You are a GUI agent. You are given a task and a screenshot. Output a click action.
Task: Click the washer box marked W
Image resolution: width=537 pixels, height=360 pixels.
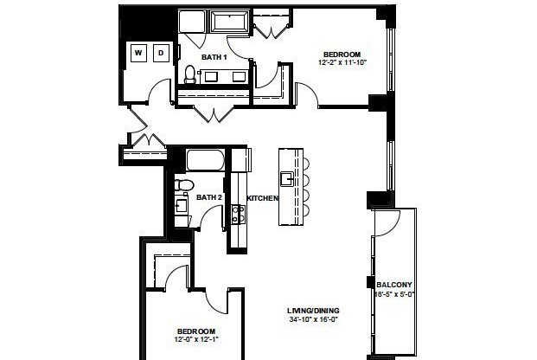coord(138,54)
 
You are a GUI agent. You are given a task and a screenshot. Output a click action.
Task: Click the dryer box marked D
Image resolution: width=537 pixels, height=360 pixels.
coord(161,54)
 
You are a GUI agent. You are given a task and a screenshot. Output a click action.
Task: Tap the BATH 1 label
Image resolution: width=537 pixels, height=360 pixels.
coord(214,57)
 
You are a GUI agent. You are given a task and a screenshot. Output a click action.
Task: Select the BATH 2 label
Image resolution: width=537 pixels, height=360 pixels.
coord(209,198)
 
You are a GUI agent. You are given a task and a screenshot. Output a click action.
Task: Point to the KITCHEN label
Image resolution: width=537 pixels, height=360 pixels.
coord(263,198)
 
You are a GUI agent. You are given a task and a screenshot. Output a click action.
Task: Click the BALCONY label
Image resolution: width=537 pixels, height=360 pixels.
coord(394,285)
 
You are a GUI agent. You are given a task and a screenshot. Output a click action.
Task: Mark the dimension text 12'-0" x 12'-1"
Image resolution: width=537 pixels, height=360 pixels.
coord(197,340)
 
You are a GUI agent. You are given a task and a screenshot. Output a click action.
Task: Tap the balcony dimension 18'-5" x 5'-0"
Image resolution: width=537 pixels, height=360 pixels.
coord(394,294)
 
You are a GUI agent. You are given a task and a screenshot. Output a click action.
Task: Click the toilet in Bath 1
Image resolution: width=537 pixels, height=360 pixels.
coord(190,74)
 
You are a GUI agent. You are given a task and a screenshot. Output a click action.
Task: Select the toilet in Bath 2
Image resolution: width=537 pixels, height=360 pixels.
coord(182,185)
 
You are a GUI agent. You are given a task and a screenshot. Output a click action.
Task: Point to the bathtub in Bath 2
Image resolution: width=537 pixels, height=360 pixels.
coord(206,161)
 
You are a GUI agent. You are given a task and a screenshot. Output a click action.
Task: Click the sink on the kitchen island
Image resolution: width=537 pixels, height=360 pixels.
coord(284,179)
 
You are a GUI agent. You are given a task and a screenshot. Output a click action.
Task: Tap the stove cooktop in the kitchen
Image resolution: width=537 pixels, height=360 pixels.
coord(238,213)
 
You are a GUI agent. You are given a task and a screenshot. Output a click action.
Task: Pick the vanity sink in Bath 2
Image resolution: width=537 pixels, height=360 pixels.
coord(182,207)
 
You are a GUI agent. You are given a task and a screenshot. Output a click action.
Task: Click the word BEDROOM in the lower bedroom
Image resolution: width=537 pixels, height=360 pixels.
coord(195,331)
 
